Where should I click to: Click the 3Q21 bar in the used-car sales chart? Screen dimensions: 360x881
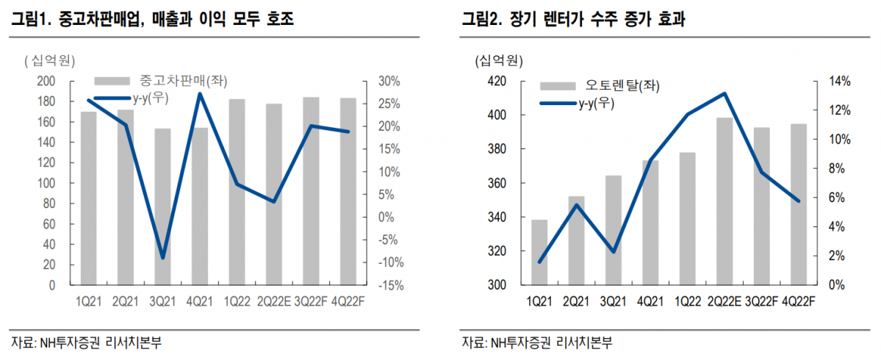[162, 206]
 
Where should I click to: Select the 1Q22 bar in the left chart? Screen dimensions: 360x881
[237, 192]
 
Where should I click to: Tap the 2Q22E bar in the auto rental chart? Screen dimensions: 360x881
[725, 201]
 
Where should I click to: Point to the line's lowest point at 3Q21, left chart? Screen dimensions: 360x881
[162, 258]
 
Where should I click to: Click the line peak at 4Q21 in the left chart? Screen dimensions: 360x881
[200, 93]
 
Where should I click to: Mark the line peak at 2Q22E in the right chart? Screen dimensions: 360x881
[725, 93]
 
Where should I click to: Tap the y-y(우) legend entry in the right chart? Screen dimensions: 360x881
[596, 104]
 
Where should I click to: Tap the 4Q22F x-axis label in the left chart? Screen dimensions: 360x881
[348, 301]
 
